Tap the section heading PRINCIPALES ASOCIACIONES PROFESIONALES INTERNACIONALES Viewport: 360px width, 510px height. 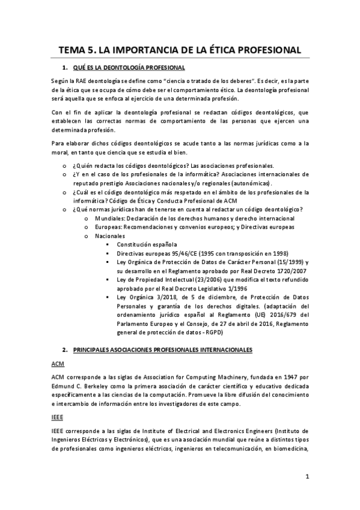159,349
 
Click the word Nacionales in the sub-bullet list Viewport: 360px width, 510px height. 112,236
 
